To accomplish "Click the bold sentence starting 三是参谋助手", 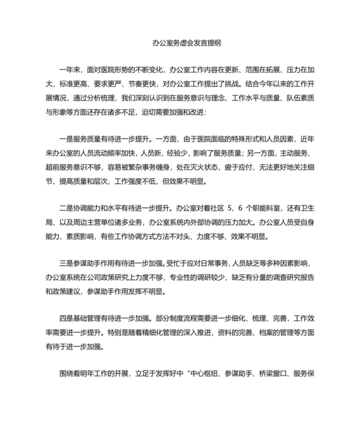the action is [113, 263].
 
